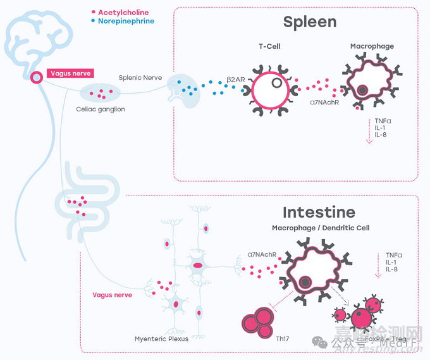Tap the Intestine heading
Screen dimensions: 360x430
click(x=319, y=212)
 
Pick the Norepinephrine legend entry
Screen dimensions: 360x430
click(x=126, y=21)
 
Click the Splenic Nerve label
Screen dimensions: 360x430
click(x=140, y=78)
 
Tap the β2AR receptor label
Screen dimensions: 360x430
click(x=236, y=80)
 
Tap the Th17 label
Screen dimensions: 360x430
click(x=282, y=338)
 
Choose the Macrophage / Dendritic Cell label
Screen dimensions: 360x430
click(x=321, y=228)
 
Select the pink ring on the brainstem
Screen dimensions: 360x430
click(x=37, y=78)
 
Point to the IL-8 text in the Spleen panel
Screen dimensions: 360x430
click(x=381, y=134)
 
